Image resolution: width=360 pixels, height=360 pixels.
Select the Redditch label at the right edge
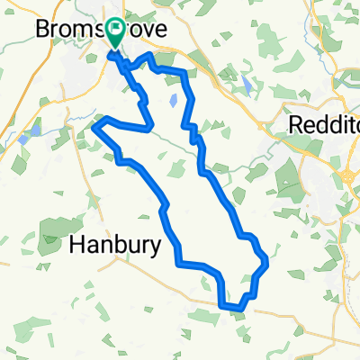tap(325, 126)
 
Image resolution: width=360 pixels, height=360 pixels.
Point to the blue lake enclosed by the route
tap(172, 101)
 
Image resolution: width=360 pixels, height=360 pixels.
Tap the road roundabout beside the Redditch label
tap(347, 173)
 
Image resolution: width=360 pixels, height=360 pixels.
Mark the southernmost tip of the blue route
tap(238, 310)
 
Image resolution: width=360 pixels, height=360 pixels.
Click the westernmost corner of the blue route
tap(94, 128)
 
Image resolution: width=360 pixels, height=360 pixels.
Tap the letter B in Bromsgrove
tap(41, 29)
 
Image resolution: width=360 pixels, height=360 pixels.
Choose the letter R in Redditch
tap(293, 126)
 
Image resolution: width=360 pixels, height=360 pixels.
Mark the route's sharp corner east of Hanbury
tap(179, 263)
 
